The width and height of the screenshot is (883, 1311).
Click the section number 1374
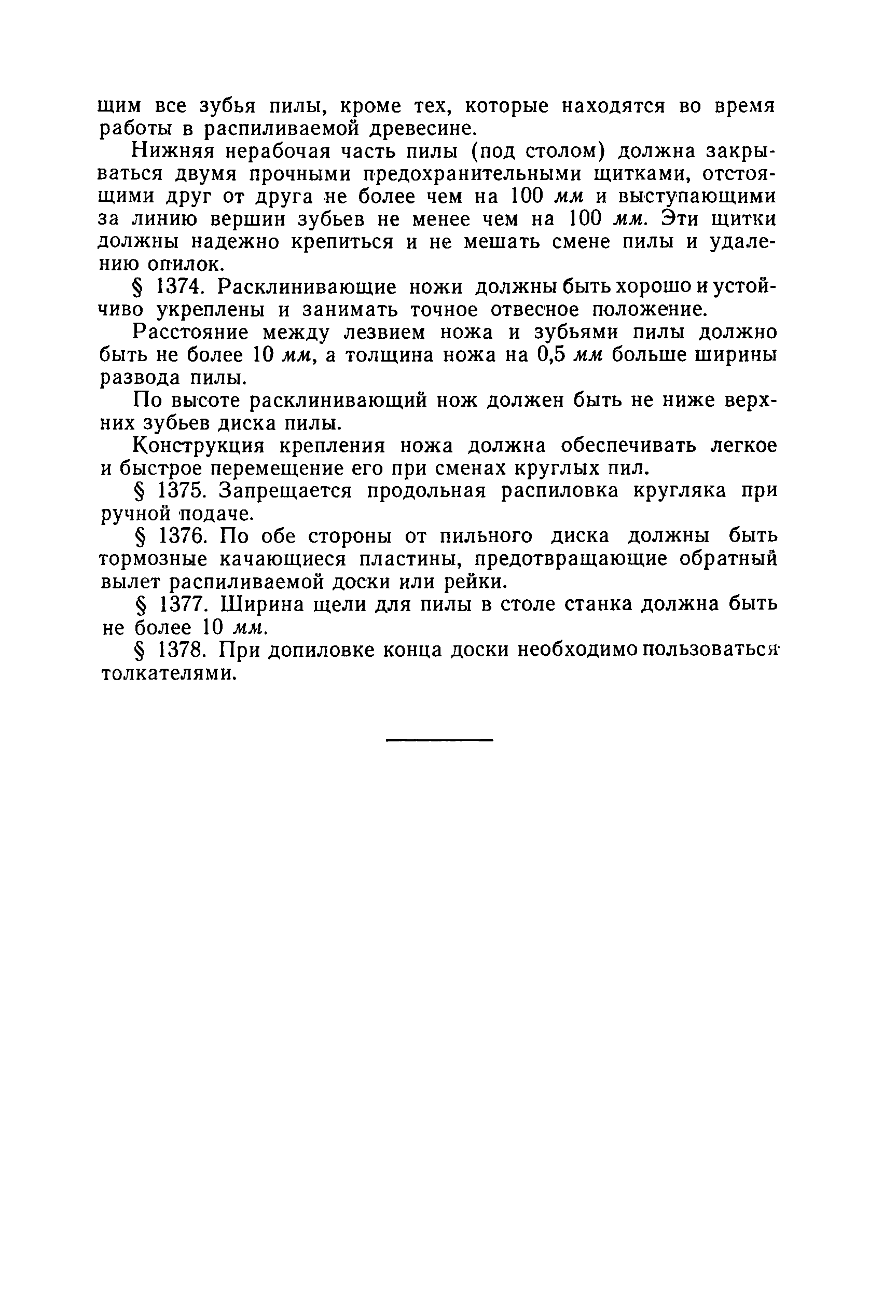pos(178,287)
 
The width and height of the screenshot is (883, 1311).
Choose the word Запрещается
pos(285,491)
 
